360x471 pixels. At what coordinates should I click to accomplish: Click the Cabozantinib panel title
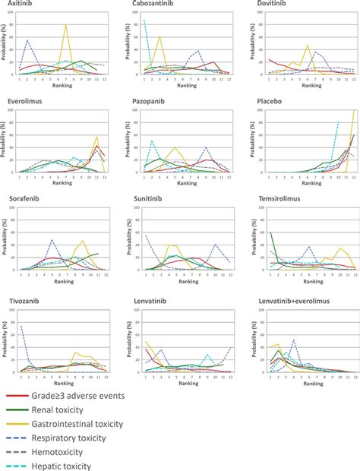148,5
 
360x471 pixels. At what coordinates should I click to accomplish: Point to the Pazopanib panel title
146,99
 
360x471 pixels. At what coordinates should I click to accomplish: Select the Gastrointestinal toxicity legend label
109,422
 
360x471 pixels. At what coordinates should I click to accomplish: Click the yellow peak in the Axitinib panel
66,25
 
